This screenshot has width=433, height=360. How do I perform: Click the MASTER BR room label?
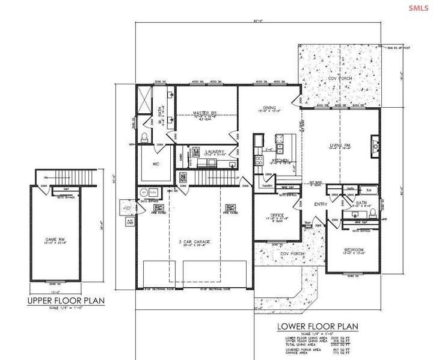click(x=204, y=113)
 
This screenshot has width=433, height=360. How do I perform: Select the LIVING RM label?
click(x=339, y=144)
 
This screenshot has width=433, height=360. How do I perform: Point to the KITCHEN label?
click(x=281, y=161)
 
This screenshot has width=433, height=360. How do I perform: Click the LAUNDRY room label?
click(x=215, y=152)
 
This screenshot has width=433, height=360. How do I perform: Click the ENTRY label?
click(x=321, y=205)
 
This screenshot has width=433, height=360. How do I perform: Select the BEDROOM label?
click(x=355, y=250)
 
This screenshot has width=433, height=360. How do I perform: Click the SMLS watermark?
click(x=419, y=8)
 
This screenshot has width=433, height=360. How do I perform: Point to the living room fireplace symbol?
click(x=376, y=146)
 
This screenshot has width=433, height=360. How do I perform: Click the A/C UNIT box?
click(x=129, y=222)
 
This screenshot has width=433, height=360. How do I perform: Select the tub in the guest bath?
click(x=370, y=191)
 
